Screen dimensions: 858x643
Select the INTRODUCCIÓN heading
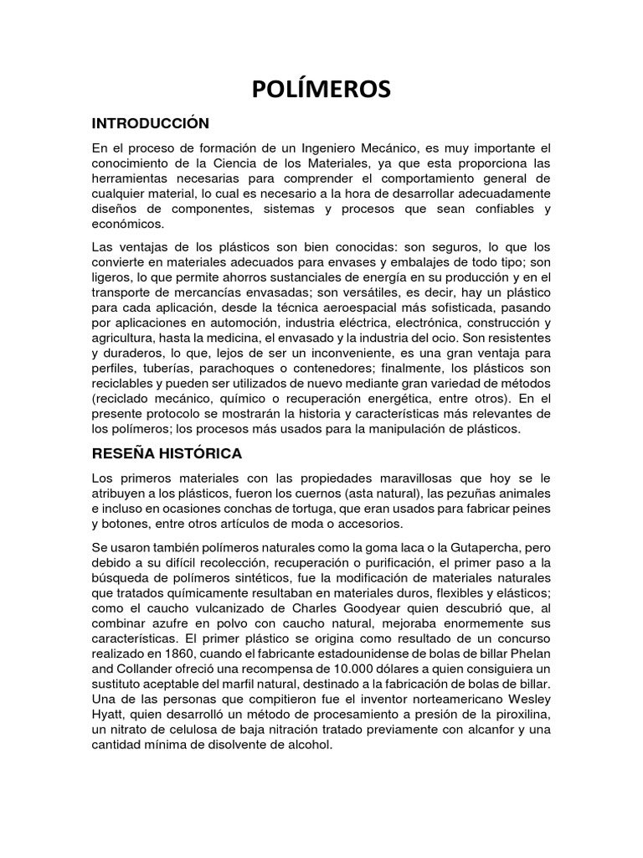click(x=150, y=123)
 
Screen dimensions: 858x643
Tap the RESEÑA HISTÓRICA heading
click(x=167, y=453)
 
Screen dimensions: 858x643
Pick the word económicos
click(x=129, y=224)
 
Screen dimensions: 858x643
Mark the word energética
click(x=422, y=398)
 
